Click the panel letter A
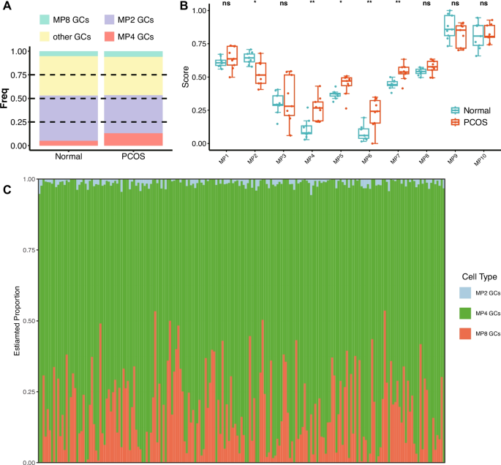7,7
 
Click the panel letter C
7,190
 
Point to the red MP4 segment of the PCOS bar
132,139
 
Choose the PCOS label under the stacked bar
132,157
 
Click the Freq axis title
8,97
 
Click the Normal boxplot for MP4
285,129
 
